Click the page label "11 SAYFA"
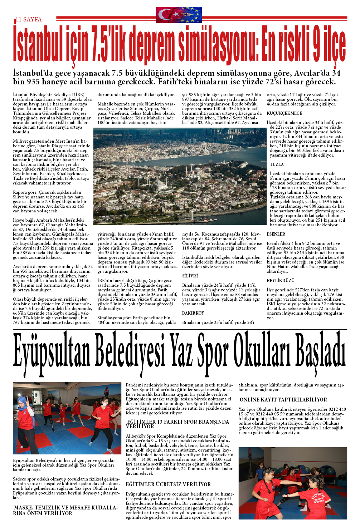tap(29, 19)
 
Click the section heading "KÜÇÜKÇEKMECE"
tap(284, 113)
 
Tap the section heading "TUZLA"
tap(277, 164)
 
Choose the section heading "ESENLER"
tap(276, 234)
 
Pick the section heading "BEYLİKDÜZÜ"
tap(281, 281)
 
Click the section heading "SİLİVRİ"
tap(190, 276)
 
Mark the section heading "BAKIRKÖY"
tap(193, 313)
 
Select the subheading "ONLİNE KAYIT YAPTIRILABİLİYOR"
tap(283, 400)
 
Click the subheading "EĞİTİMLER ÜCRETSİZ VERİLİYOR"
tap(168, 484)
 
